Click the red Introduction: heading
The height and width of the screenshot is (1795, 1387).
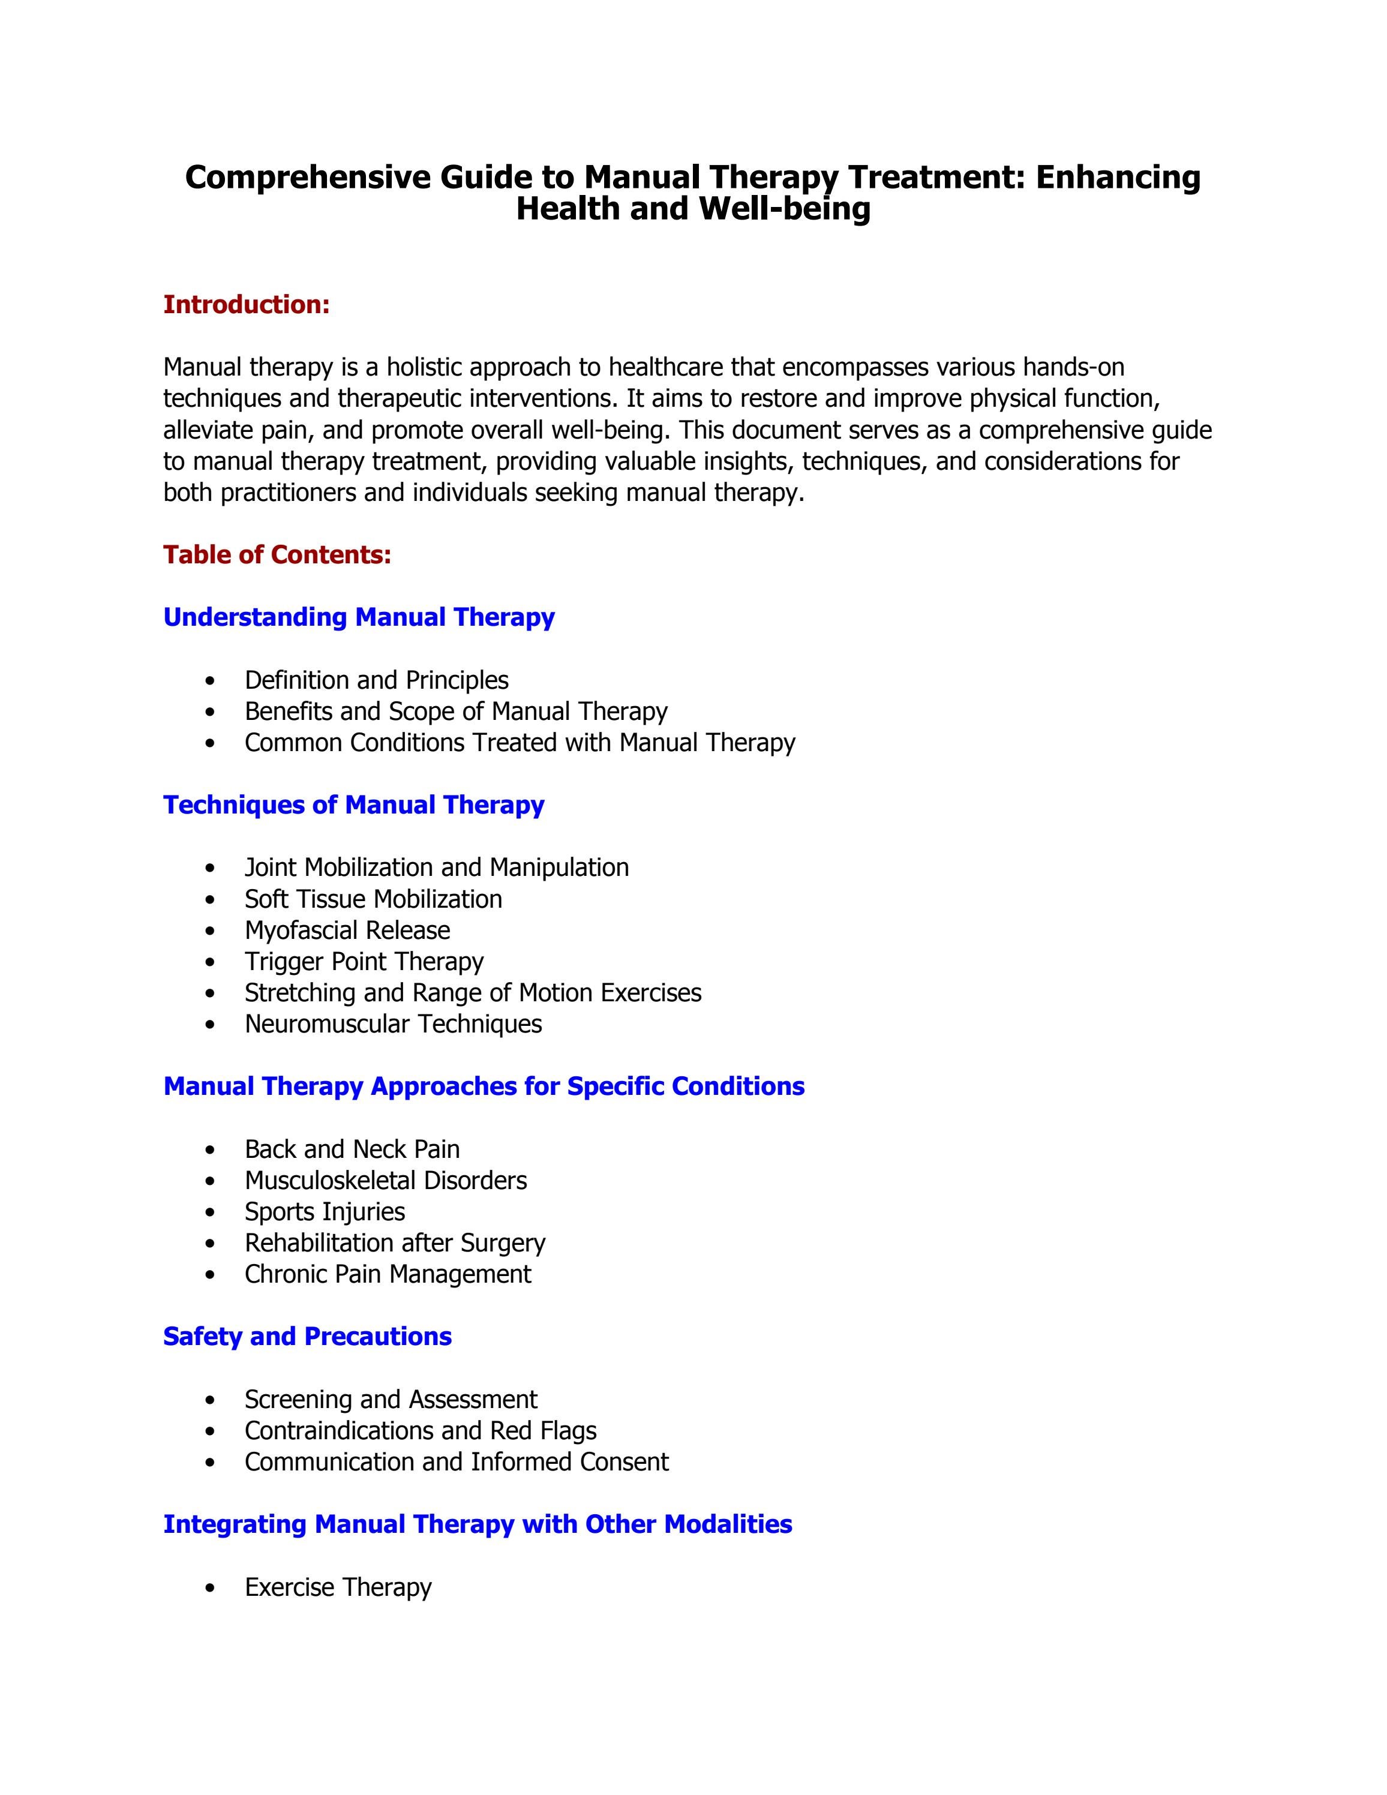point(247,305)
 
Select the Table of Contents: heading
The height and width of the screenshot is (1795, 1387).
point(277,555)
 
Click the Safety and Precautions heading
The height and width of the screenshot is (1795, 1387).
point(307,1337)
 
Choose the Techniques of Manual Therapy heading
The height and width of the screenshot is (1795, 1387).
point(353,805)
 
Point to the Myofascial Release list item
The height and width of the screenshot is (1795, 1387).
point(347,930)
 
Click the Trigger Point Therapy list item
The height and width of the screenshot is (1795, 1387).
point(364,962)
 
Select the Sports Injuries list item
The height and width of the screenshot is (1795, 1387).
point(325,1211)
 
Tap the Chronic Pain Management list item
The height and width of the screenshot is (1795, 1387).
point(388,1274)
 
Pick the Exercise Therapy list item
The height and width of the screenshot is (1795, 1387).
point(338,1587)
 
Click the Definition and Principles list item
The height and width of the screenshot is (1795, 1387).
point(376,680)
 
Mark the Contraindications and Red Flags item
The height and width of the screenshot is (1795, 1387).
point(420,1431)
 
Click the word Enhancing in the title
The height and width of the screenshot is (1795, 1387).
point(1118,178)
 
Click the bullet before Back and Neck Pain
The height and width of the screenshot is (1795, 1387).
point(212,1150)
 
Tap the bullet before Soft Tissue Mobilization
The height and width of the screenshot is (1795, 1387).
point(212,900)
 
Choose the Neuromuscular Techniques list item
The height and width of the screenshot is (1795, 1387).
point(393,1024)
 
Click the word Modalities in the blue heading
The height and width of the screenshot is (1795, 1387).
point(728,1524)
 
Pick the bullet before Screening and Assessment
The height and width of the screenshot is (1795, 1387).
point(212,1400)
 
